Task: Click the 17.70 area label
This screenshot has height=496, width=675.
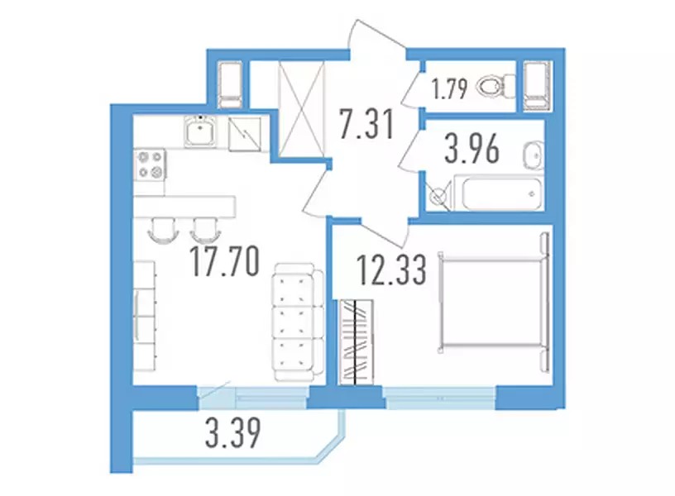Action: click(225, 261)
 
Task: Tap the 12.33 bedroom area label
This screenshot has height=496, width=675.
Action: click(392, 270)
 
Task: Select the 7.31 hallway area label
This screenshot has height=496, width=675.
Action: click(366, 124)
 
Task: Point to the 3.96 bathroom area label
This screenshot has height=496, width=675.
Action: click(472, 149)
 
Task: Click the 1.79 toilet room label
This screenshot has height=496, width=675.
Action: click(450, 90)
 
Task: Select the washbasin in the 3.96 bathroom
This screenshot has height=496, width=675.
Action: click(534, 155)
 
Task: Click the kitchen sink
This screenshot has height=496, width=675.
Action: click(200, 131)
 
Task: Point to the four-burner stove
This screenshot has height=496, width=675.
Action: click(151, 165)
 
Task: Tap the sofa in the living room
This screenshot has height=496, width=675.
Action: click(298, 322)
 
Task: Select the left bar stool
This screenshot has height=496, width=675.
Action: click(163, 229)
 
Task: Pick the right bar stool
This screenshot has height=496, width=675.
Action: click(205, 230)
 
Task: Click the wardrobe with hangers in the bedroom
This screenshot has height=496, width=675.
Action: click(356, 342)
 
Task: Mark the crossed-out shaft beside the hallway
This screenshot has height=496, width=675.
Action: click(301, 110)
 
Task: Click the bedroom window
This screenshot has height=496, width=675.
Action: click(439, 398)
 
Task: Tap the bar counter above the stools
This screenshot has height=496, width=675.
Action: click(184, 207)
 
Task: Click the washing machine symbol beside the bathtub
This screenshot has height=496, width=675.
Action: click(438, 196)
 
